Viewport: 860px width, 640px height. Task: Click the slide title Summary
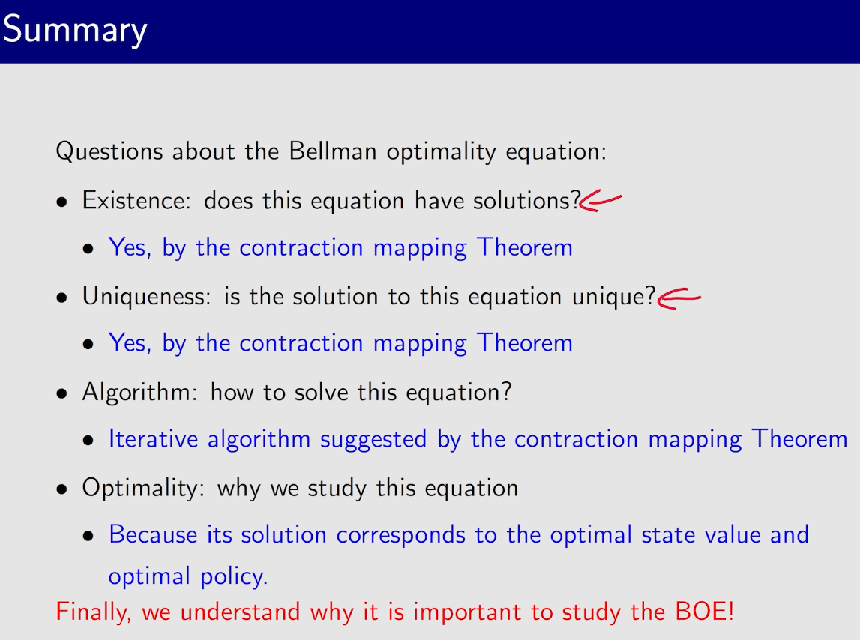point(75,31)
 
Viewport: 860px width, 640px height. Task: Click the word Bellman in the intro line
point(332,151)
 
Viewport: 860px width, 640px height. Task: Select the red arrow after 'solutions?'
point(601,201)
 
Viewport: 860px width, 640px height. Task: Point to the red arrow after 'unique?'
point(679,299)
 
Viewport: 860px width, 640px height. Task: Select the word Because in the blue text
point(153,534)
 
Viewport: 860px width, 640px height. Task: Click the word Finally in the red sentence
point(93,612)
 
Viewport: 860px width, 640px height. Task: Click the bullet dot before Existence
point(62,202)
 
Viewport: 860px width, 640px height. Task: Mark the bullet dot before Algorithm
point(62,393)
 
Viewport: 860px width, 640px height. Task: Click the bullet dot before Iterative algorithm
point(88,441)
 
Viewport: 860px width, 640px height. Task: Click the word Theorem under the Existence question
point(524,247)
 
